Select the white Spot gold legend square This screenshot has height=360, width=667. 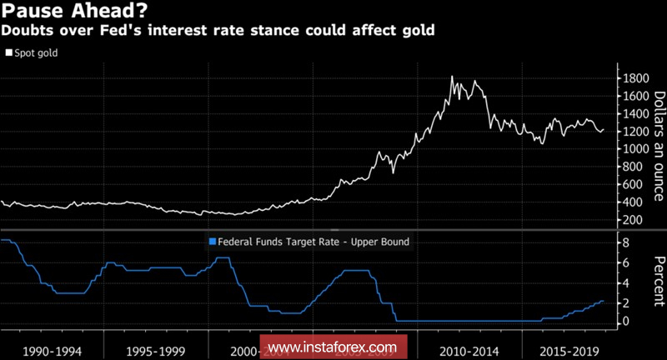coord(9,52)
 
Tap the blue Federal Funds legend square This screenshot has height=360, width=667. coord(211,242)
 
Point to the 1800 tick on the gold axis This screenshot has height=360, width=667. coord(632,78)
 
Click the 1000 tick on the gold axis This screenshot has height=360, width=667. coord(632,149)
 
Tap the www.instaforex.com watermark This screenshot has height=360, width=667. coord(333,346)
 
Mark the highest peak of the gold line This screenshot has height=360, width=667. coord(452,77)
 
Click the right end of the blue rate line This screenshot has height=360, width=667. coord(603,301)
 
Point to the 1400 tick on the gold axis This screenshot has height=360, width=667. coord(632,113)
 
